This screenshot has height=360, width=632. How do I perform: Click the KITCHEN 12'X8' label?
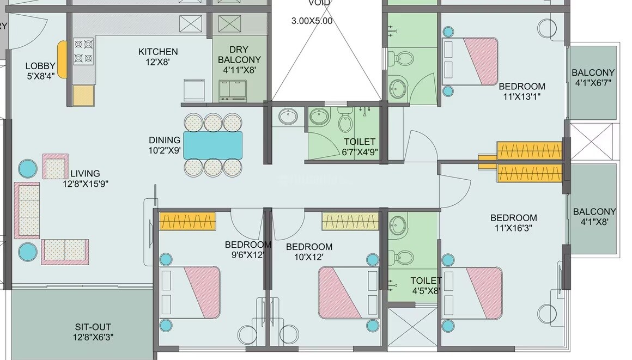click(x=158, y=57)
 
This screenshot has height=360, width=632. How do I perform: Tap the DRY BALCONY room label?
click(x=239, y=59)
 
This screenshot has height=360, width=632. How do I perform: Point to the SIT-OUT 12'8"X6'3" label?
click(x=94, y=332)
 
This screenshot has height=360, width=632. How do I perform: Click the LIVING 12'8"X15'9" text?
click(x=85, y=179)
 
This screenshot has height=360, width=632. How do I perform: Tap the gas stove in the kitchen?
click(x=84, y=51)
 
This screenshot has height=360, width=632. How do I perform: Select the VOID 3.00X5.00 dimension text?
click(x=312, y=21)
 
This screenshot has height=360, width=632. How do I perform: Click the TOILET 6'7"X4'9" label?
click(x=360, y=147)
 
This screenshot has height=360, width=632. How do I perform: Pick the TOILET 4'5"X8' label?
click(x=426, y=285)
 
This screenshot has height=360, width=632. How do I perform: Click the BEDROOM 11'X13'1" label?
click(x=522, y=91)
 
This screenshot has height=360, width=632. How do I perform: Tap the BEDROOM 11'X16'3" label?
click(x=513, y=223)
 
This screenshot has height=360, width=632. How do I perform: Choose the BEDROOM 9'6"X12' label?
click(x=248, y=249)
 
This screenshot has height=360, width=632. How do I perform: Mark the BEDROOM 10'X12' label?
click(x=309, y=252)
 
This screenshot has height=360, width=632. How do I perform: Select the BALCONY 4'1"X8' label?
click(x=594, y=217)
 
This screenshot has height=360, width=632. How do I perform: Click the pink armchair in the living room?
click(x=56, y=167)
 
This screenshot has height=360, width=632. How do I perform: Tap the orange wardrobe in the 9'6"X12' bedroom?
click(x=188, y=221)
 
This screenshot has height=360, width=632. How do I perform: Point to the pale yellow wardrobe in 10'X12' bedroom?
click(x=350, y=221)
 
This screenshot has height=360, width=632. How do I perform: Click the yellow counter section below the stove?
click(x=84, y=95)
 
